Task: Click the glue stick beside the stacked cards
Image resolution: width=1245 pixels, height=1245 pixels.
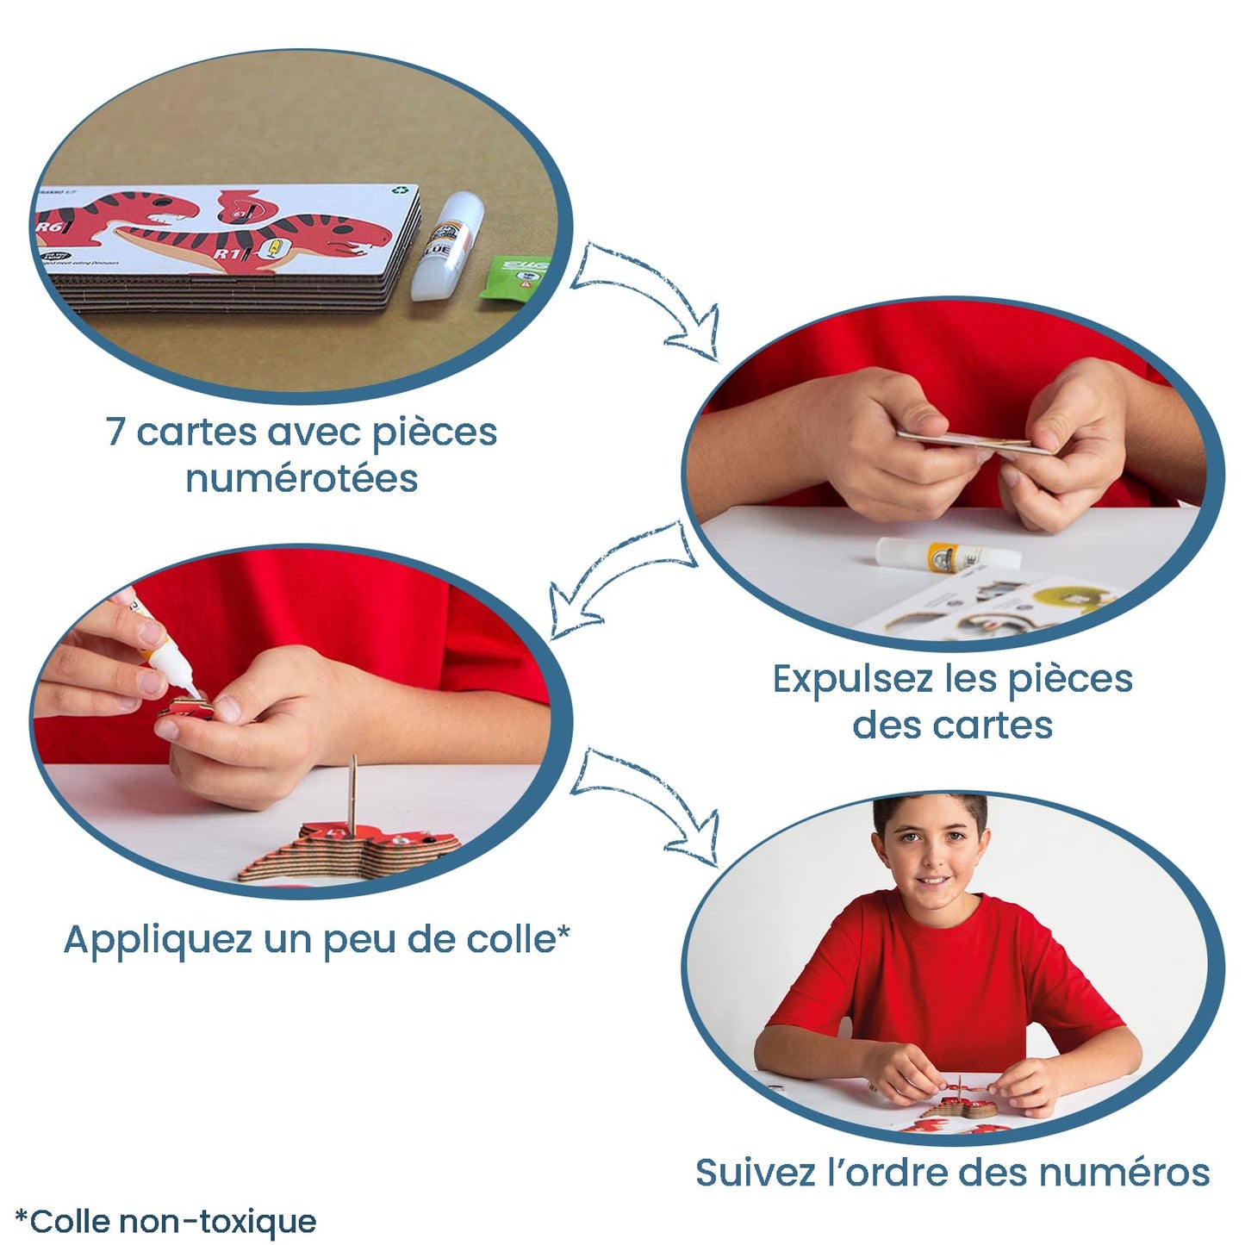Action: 442,246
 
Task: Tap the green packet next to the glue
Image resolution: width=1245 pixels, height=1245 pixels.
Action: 515,276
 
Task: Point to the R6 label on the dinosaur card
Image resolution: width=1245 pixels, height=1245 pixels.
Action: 48,227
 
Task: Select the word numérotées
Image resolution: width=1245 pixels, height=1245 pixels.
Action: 302,479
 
